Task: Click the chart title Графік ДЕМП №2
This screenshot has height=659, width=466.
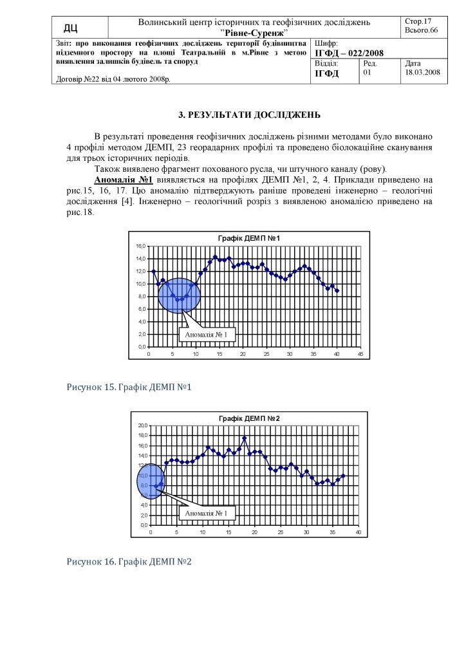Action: pyautogui.click(x=248, y=418)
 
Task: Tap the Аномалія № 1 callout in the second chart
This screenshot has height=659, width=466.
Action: pyautogui.click(x=206, y=513)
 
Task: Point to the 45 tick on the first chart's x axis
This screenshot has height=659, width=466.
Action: pyautogui.click(x=360, y=354)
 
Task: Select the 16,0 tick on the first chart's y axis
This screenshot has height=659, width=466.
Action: pyautogui.click(x=141, y=246)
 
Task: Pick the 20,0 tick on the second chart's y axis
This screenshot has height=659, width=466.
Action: pyautogui.click(x=142, y=425)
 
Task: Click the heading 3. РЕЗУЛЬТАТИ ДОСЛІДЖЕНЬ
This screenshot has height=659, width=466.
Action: pyautogui.click(x=249, y=115)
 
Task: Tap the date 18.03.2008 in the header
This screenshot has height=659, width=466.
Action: pyautogui.click(x=422, y=73)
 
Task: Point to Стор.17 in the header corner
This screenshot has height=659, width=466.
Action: pyautogui.click(x=418, y=22)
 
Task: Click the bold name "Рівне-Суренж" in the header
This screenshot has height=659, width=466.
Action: pyautogui.click(x=254, y=32)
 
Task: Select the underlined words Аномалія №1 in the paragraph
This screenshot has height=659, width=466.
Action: pyautogui.click(x=122, y=179)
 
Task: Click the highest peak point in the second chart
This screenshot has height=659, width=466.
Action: pyautogui.click(x=245, y=438)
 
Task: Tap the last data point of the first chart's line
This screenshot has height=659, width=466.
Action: pyautogui.click(x=337, y=291)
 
